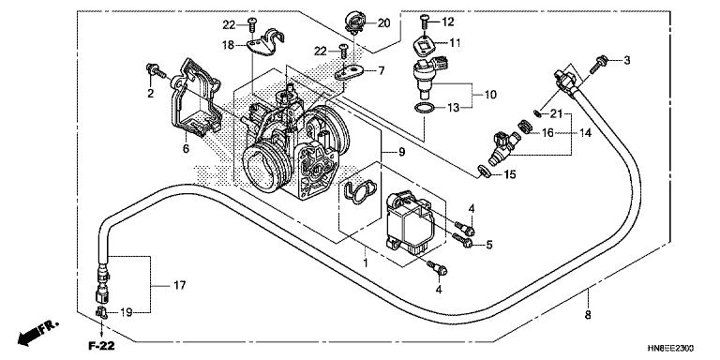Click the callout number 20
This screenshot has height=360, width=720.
tap(383, 22)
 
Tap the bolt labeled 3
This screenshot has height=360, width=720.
tap(597, 64)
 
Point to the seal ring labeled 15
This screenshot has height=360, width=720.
tap(484, 171)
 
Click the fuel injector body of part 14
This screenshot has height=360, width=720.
tap(502, 147)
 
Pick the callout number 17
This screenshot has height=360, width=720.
tap(180, 286)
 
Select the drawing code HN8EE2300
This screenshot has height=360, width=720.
tap(670, 348)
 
